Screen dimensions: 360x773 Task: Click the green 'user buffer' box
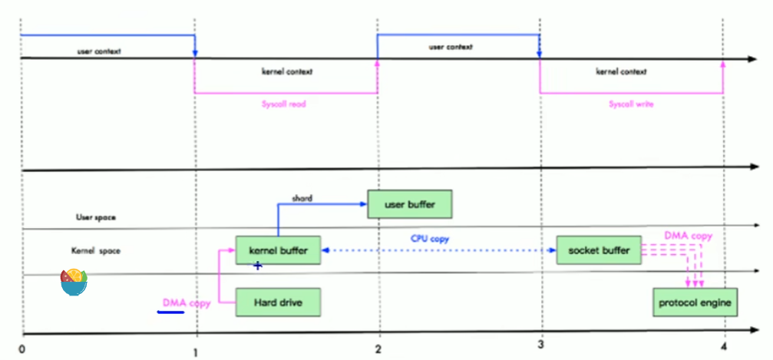410,204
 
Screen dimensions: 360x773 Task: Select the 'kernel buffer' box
277,250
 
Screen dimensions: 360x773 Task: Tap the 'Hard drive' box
277,302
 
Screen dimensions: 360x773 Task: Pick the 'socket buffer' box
599,250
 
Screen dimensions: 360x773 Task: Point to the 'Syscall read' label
285,104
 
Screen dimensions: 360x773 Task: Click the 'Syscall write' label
631,104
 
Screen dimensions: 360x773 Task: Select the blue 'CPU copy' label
429,239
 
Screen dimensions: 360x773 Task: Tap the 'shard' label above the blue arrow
301,197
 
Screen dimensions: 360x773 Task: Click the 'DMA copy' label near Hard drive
187,303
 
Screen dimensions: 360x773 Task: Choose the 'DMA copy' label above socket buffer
688,236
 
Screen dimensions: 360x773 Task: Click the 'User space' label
95,218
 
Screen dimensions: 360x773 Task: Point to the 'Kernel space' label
95,251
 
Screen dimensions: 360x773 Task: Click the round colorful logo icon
74,282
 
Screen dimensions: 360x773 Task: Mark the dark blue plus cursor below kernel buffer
258,266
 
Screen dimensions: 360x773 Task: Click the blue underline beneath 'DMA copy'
170,312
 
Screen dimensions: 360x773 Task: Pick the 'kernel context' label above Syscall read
286,71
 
